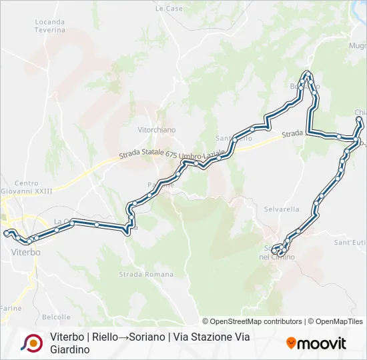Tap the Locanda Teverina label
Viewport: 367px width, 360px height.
click(x=49, y=26)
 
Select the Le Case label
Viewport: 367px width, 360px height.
click(x=169, y=9)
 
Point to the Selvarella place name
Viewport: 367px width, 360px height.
click(x=282, y=209)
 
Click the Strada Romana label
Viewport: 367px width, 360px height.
click(x=137, y=274)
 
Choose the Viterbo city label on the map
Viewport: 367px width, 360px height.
click(x=26, y=253)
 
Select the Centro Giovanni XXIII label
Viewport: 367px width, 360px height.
click(x=27, y=187)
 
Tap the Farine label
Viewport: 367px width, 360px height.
click(x=11, y=308)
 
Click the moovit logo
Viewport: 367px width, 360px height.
click(x=322, y=343)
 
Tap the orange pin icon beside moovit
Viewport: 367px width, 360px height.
click(x=291, y=343)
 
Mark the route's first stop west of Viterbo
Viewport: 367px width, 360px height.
click(x=6, y=233)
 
